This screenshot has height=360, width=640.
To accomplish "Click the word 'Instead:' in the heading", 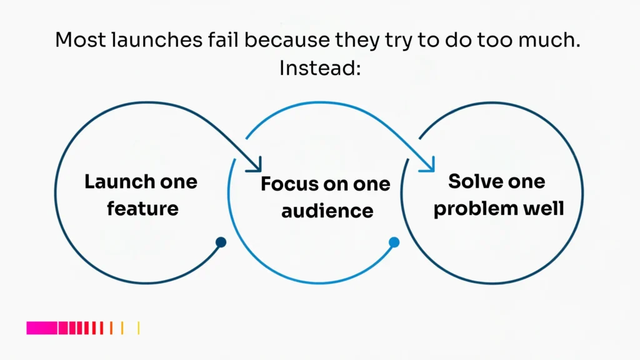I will coord(320,67).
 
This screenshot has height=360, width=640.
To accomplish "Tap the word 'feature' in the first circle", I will coord(142,207).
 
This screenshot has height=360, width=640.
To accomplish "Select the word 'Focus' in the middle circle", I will coord(287,184).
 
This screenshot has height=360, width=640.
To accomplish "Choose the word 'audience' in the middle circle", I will coord(327,211).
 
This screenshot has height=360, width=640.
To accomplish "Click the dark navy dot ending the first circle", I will coord(221,242).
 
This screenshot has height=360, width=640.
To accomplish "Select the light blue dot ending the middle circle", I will coord(394,242).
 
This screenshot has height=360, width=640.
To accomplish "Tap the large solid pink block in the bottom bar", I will coord(42,328).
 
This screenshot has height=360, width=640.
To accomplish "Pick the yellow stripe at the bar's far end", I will coord(138,328).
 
